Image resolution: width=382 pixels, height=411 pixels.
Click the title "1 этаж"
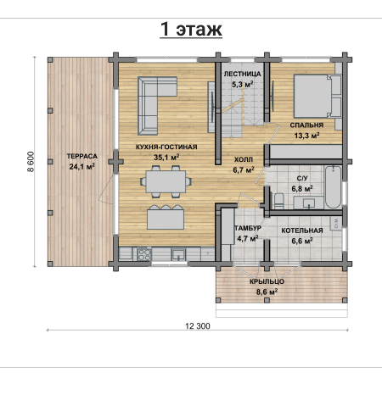191,29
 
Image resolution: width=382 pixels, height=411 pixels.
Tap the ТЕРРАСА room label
82,156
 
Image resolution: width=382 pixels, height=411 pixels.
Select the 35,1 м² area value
166,157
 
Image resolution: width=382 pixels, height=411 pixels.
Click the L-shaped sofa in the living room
153,102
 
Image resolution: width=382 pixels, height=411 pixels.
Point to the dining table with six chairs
166,181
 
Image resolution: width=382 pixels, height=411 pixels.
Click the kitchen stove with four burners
144,253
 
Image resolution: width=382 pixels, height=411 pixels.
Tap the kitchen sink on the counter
178,254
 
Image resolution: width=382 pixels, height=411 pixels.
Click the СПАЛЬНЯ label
306,125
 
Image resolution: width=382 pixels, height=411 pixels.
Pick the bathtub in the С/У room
333,187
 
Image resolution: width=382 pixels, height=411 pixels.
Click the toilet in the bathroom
279,201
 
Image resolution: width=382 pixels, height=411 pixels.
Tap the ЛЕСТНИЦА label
243,75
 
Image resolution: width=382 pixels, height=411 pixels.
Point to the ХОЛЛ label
244,160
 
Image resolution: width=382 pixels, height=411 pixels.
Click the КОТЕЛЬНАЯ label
302,230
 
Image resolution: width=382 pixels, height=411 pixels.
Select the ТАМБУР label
248,228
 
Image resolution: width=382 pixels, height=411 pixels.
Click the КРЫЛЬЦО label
267,281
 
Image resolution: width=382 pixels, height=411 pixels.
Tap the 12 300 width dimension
198,326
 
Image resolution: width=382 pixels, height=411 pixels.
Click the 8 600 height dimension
31,162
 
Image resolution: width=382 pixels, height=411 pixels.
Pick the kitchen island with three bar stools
166,217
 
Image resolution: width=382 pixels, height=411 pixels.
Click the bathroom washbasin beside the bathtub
309,203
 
